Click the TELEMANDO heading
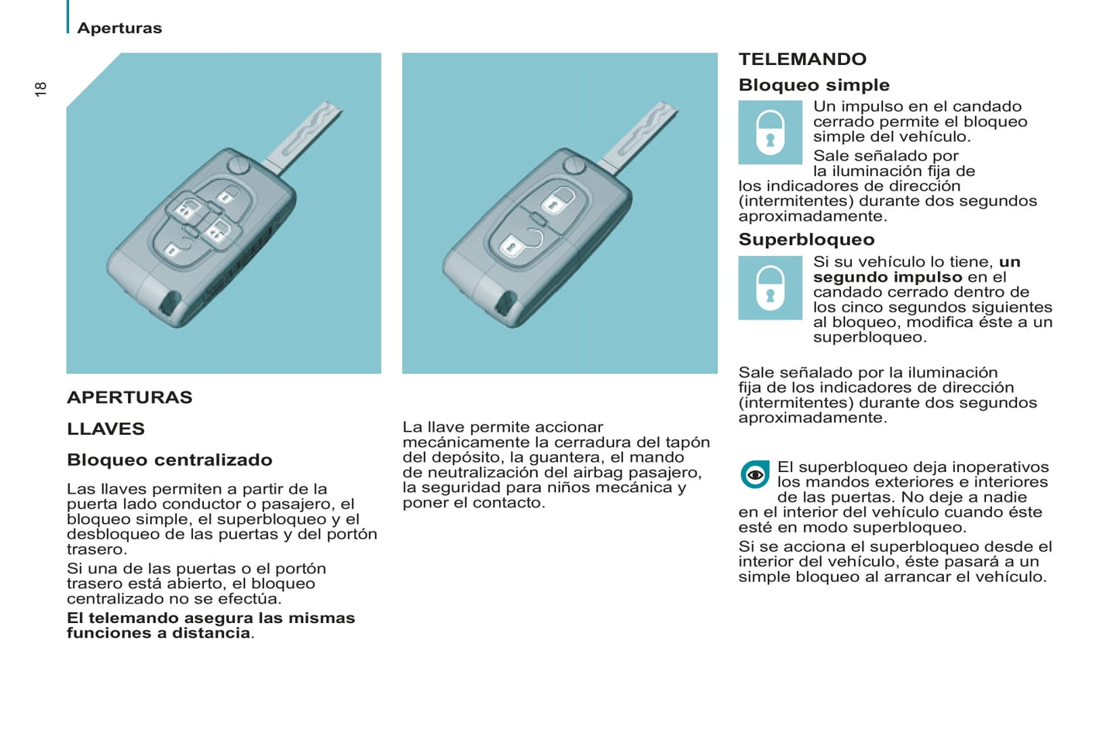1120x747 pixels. pyautogui.click(x=802, y=59)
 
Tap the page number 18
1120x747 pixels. pyautogui.click(x=40, y=89)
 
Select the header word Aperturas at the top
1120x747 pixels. pyautogui.click(x=119, y=28)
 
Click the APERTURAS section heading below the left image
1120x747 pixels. pyautogui.click(x=129, y=397)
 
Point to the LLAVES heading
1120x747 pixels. pyautogui.click(x=106, y=429)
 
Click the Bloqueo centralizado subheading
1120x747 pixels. pyautogui.click(x=170, y=460)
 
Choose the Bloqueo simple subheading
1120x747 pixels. pyautogui.click(x=814, y=85)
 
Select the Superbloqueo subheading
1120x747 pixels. pyautogui.click(x=807, y=239)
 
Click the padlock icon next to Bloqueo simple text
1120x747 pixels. pyautogui.click(x=770, y=133)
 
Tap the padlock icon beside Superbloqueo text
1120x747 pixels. pyautogui.click(x=770, y=288)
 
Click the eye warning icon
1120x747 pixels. pyautogui.click(x=755, y=474)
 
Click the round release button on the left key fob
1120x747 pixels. pyautogui.click(x=239, y=165)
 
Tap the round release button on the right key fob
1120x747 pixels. pyautogui.click(x=574, y=165)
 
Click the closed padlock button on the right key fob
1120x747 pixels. pyautogui.click(x=558, y=201)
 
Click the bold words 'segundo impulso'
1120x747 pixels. pyautogui.click(x=887, y=277)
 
